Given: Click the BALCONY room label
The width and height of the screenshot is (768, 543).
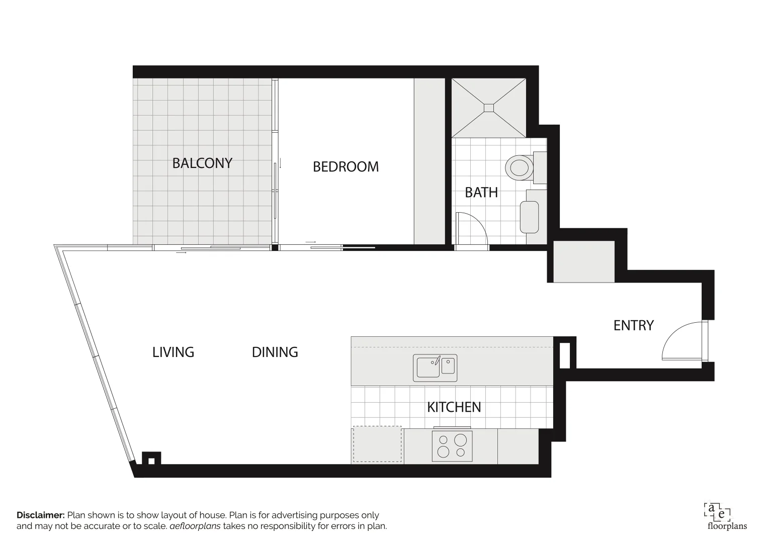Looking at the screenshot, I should [202, 163].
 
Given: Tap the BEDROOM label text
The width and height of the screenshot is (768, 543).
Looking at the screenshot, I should [346, 167].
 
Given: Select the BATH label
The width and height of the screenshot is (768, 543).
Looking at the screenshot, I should [481, 193].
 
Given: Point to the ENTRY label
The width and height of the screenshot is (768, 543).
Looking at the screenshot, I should [633, 326].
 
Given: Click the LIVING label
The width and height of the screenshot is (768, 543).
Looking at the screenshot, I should [173, 352].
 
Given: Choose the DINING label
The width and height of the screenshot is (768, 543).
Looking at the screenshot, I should [275, 352].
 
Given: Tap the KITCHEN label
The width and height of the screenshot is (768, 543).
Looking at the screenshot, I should [454, 407].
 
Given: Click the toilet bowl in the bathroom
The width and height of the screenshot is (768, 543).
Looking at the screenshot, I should [519, 167].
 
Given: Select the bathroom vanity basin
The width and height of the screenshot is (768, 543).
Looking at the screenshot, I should [529, 217].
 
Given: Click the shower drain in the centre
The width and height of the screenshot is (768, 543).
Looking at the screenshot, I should [489, 108].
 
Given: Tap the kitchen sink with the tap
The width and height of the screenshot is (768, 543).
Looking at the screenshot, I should [435, 368].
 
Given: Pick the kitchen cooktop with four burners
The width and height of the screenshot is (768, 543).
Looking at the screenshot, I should [452, 446].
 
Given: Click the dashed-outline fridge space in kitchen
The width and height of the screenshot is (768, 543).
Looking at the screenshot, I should [377, 444].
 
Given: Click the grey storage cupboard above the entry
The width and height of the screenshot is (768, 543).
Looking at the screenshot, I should [583, 261].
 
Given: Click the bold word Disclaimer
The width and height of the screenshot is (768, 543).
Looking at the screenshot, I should [40, 515].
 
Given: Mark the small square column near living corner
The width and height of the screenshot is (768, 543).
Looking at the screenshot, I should [151, 459].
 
